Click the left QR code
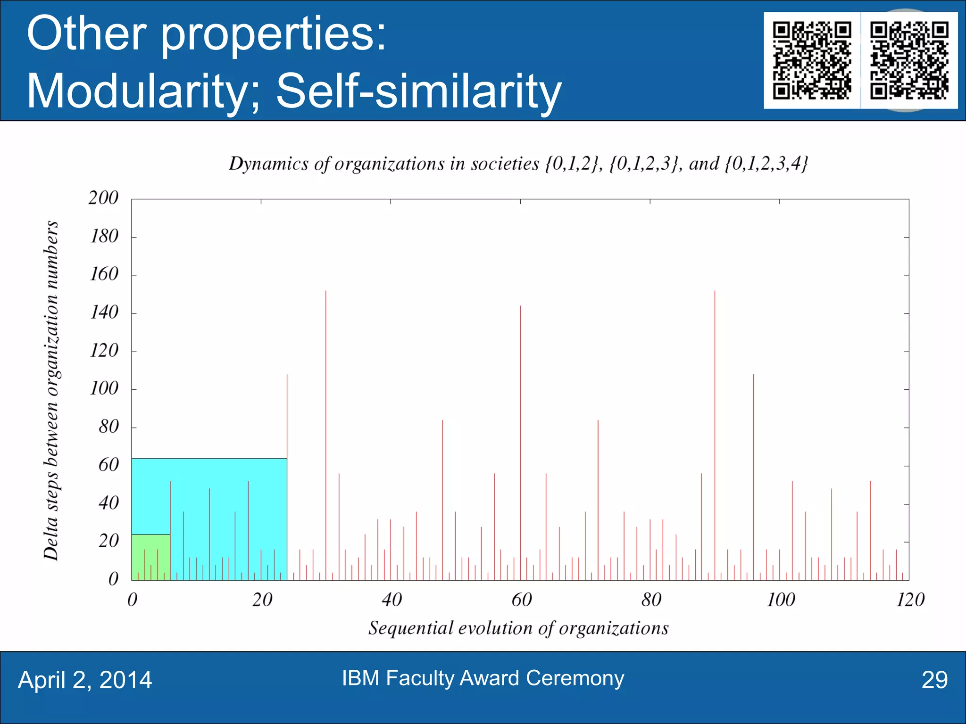point(812,60)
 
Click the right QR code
point(909,60)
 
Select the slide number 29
point(934,680)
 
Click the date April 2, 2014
point(85,680)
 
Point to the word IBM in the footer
point(360,678)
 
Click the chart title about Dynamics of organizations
point(518,164)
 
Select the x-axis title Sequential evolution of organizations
point(518,628)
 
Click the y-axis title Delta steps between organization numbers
point(51,390)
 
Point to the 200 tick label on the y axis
point(103,198)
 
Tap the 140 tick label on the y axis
point(104,313)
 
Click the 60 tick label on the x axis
point(521,600)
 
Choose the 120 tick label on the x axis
point(910,600)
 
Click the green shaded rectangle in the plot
point(150,557)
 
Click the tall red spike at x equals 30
point(326,424)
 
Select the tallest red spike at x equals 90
point(715,424)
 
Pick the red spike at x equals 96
point(754,471)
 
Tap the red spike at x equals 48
point(442,495)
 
